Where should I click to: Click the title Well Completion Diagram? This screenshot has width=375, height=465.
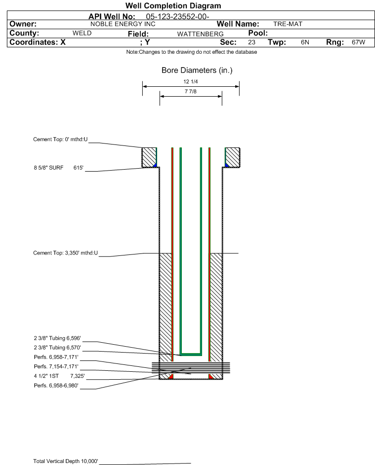(173, 6)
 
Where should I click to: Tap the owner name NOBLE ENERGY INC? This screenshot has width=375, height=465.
(123, 24)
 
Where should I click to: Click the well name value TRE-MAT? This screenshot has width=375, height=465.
(288, 24)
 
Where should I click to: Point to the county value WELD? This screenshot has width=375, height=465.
(82, 33)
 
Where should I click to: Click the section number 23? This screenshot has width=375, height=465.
(251, 42)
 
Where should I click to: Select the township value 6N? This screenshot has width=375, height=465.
(305, 42)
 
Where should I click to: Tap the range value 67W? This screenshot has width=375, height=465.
(358, 42)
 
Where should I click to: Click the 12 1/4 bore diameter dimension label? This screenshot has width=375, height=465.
(190, 82)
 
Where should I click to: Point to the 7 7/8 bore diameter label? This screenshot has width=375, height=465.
(190, 92)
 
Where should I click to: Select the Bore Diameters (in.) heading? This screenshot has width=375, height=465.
(197, 71)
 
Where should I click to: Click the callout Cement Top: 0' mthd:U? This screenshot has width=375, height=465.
(60, 140)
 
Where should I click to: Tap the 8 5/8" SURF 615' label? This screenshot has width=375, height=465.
(59, 168)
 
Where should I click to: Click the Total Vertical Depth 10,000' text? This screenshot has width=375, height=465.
(66, 461)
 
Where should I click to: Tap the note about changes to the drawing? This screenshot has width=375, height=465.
(191, 52)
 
